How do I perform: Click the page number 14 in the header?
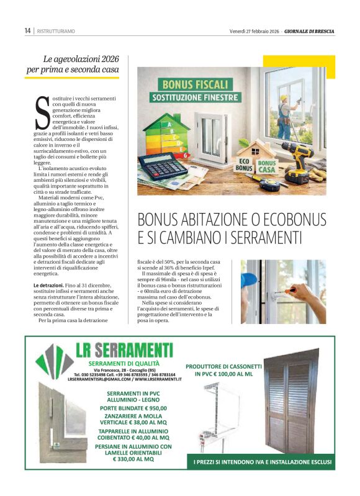coord(27,30)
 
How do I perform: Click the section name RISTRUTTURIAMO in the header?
coord(56,30)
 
